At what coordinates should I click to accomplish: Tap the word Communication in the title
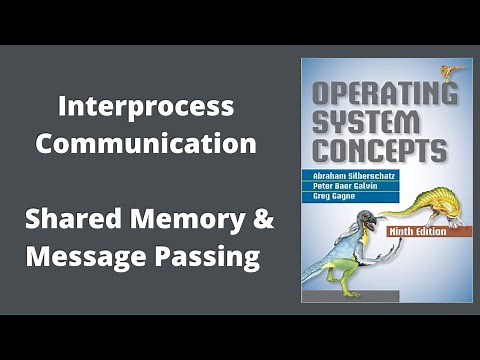146,142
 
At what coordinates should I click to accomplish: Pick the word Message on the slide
79,256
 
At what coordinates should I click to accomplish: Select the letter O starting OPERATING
323,96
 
